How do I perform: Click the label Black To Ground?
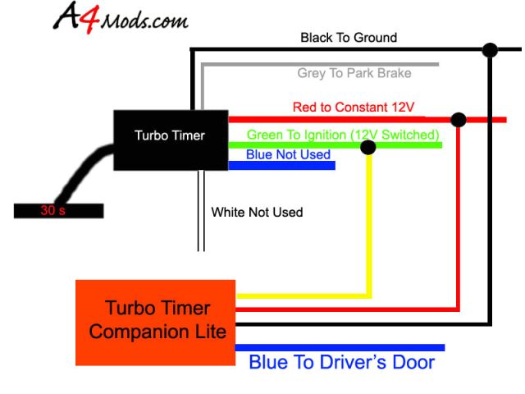(x=349, y=38)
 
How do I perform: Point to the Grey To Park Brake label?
(x=354, y=73)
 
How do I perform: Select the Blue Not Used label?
(x=288, y=154)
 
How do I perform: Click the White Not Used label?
(x=257, y=213)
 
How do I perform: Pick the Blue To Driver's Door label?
(x=341, y=362)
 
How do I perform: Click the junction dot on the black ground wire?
(x=491, y=51)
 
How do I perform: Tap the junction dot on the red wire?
(x=459, y=120)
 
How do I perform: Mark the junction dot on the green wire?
(x=369, y=148)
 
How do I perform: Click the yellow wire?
(x=369, y=230)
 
